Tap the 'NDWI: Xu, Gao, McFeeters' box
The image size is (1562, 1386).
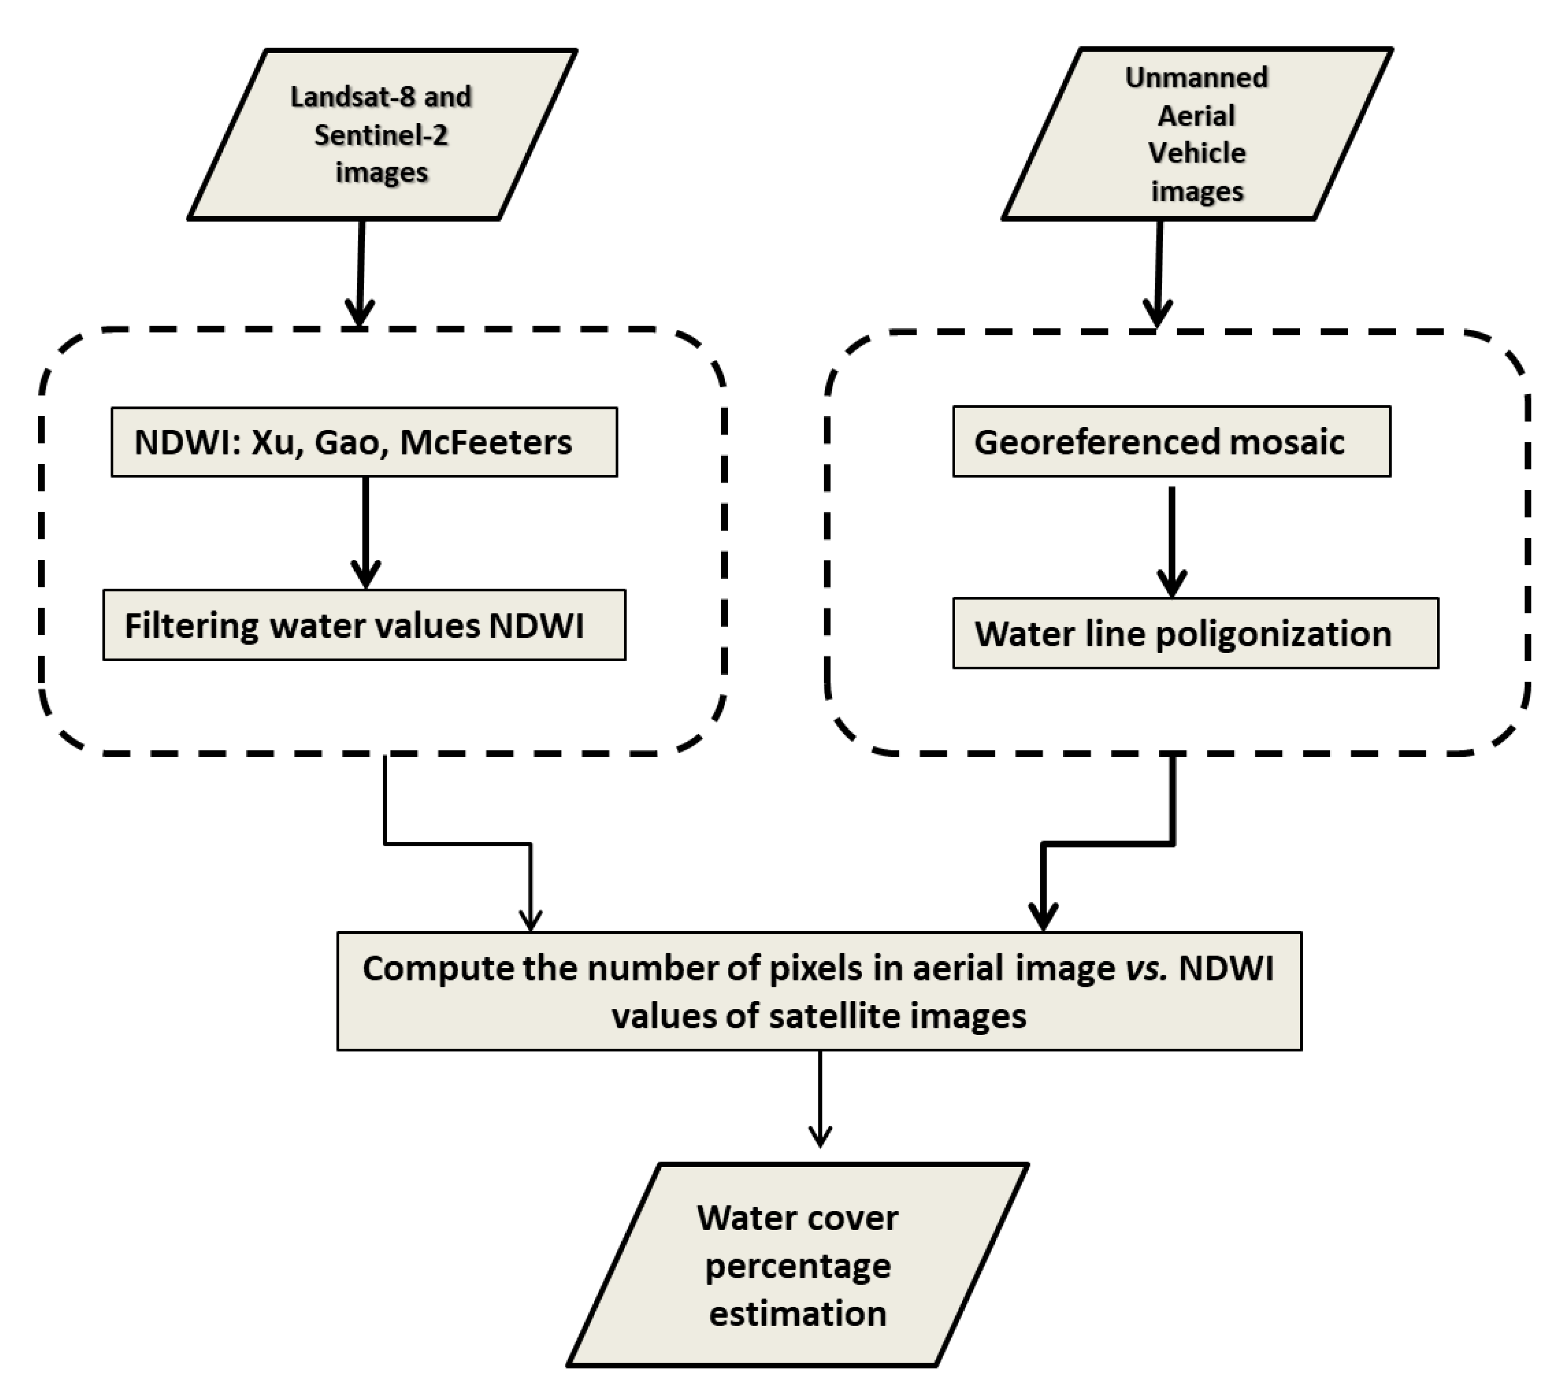pos(365,442)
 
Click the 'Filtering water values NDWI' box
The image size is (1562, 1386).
pos(365,625)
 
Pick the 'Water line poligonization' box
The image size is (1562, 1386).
pos(1195,633)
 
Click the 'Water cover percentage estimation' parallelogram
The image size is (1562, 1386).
pos(798,1265)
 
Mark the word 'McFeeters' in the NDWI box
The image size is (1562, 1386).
pos(486,442)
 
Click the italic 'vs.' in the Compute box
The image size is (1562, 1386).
pos(1146,968)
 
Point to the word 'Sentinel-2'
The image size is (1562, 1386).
pos(381,135)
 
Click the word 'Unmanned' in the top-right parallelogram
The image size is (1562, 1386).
pos(1197,77)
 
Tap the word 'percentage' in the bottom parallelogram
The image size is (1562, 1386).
pos(798,1267)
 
